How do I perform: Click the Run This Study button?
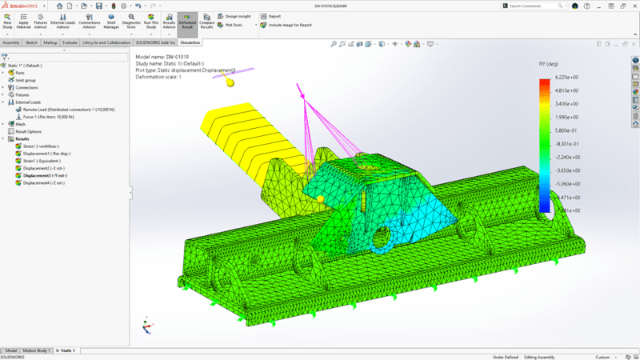[150, 22]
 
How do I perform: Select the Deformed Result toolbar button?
[187, 22]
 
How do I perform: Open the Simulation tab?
[190, 42]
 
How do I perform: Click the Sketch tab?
[32, 42]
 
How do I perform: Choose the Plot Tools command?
[234, 25]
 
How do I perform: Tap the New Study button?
[7, 22]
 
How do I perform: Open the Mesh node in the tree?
[20, 124]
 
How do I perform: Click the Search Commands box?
[537, 6]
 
